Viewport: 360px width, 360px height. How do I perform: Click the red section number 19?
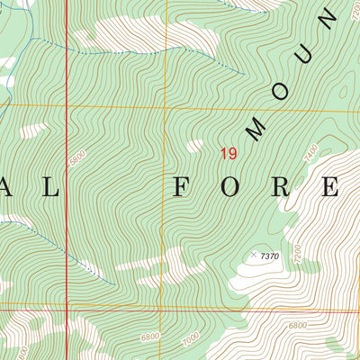click(229, 154)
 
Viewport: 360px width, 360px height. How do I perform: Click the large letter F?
click(180, 187)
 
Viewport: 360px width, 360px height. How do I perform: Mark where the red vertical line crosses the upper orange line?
click(67, 105)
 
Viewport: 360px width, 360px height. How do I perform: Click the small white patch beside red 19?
click(195, 145)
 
